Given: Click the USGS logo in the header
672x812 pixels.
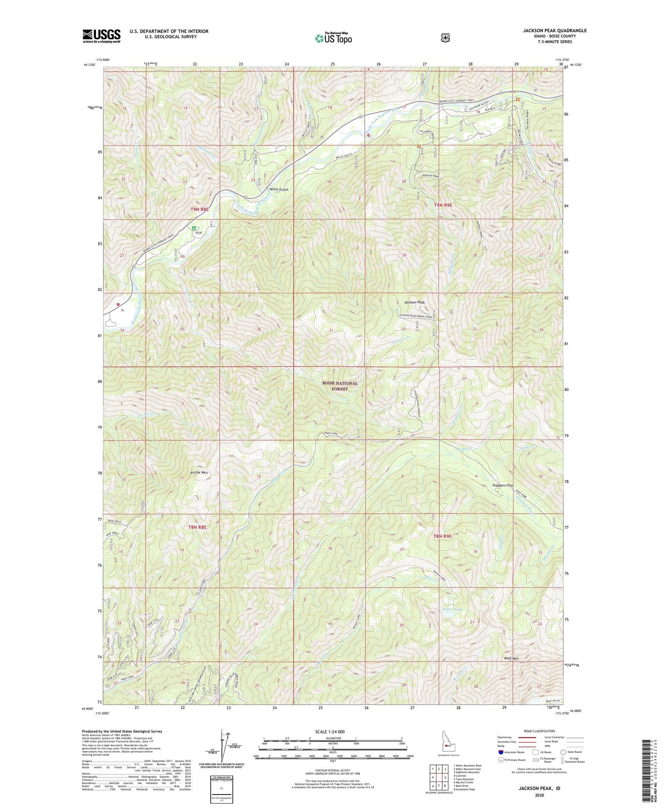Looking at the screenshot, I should [x=101, y=36].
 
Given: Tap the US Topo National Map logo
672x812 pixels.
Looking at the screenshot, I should [x=333, y=38].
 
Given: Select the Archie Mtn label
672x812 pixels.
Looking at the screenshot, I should [x=198, y=473].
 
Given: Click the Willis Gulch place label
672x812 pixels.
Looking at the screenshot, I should [x=278, y=189].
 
